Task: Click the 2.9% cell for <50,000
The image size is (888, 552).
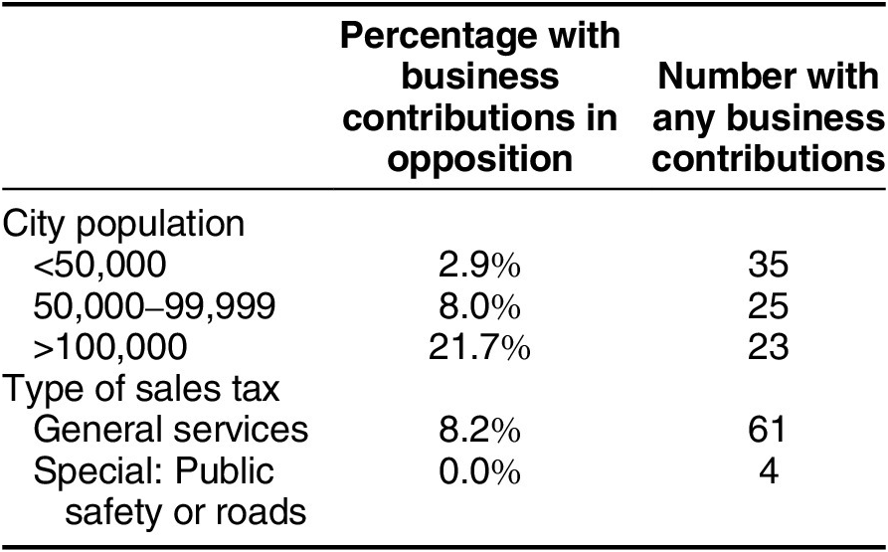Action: click(479, 265)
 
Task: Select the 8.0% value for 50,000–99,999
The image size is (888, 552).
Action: click(479, 305)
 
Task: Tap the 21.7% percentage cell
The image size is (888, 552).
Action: click(479, 347)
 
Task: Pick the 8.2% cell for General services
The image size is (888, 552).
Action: click(479, 429)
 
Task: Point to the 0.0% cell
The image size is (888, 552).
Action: click(479, 470)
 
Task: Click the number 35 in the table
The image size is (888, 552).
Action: click(768, 265)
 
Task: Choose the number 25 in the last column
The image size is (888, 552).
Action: click(768, 305)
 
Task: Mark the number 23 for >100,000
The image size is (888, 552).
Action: click(768, 347)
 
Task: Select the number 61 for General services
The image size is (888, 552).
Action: click(767, 429)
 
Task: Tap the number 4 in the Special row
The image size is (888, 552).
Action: click(768, 470)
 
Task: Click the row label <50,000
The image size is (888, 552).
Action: click(99, 265)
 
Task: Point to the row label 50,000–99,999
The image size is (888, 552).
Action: click(154, 305)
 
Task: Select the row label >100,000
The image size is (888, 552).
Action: click(109, 347)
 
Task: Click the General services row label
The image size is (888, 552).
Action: click(170, 429)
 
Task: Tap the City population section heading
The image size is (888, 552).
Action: click(123, 225)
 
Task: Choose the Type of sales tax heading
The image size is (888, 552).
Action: click(141, 389)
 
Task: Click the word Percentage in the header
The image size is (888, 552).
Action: click(437, 37)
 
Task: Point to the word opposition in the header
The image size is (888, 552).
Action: click(479, 159)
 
